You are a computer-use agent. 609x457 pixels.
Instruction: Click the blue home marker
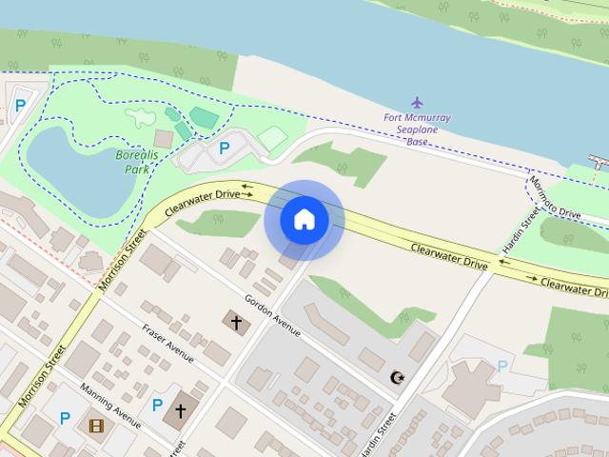tap(304, 219)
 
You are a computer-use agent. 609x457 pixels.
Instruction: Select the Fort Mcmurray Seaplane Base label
tap(417, 129)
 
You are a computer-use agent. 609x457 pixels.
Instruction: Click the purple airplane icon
tap(417, 101)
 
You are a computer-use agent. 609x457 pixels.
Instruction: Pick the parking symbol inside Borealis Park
tap(225, 149)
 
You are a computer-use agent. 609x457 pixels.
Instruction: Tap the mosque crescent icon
tap(397, 378)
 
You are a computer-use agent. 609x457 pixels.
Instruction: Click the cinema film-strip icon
tap(95, 426)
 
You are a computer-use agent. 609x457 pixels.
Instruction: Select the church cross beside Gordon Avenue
tap(237, 323)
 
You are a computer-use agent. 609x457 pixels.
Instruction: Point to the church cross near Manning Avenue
tap(180, 411)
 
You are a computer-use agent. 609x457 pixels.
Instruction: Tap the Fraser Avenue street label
tap(168, 344)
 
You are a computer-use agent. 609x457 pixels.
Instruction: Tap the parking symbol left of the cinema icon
tap(65, 417)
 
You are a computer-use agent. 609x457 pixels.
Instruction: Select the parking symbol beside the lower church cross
tap(157, 405)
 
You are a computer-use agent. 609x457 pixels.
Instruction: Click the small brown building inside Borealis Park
tap(163, 139)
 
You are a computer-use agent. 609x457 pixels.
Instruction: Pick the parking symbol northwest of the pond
tap(21, 107)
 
